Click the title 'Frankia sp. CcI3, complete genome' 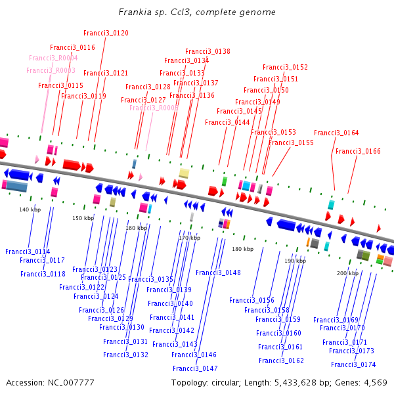coord(197,12)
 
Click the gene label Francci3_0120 coord(106,33)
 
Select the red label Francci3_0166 coord(358,151)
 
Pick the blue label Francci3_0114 coord(28,252)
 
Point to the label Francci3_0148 coord(218,273)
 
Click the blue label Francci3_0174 coord(353,364)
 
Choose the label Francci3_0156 coord(252,300)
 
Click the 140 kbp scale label coord(30,209)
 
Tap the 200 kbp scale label coord(347,273)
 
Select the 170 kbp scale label coord(189,238)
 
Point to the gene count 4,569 coord(374,382)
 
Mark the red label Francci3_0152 coord(285,67)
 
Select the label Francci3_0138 coord(208,51)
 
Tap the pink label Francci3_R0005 coord(154,108)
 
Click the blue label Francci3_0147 coord(194,368)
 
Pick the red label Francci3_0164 coord(336,133)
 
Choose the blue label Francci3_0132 coord(125,355)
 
